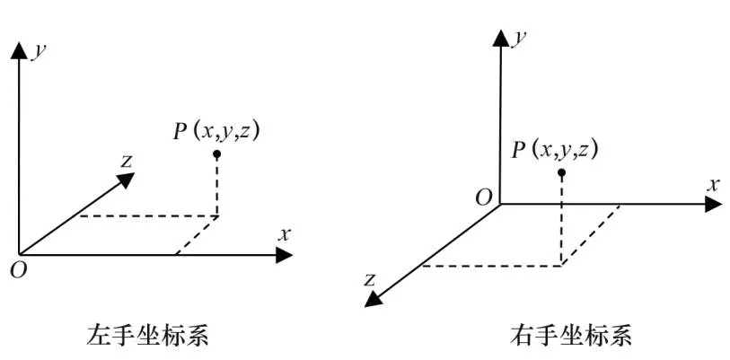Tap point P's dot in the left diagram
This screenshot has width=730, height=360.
coord(217,154)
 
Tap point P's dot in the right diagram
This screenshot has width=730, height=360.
coord(561,172)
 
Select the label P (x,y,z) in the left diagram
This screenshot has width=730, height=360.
coord(217,131)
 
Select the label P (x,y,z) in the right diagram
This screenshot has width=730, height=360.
coord(555,149)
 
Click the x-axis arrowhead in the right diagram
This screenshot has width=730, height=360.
coord(715,204)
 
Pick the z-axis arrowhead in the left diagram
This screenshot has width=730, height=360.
coord(125,180)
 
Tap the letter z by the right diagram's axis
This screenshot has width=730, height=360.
coord(369,279)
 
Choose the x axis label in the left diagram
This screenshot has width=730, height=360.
coord(285,234)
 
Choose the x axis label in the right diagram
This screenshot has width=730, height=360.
coord(715,184)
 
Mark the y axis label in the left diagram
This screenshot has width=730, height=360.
coord(38,51)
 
